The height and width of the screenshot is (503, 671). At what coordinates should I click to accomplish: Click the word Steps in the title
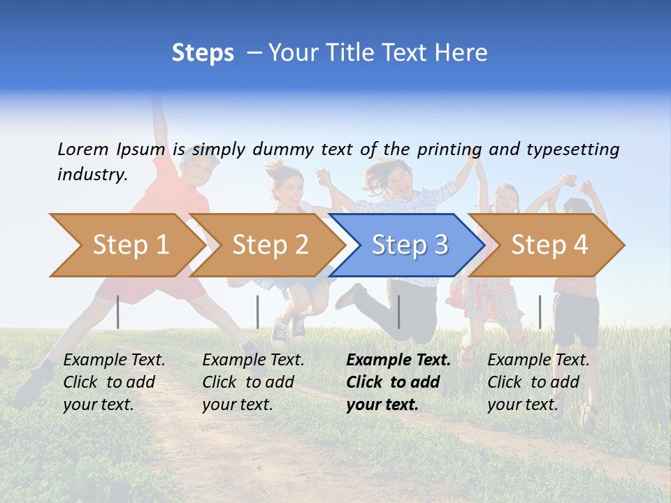(203, 53)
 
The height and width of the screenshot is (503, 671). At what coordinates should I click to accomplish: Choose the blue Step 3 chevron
(409, 245)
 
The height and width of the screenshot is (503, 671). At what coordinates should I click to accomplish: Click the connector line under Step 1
(118, 312)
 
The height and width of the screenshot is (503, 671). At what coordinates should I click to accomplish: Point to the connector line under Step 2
(257, 312)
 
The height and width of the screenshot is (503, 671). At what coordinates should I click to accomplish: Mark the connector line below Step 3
(398, 312)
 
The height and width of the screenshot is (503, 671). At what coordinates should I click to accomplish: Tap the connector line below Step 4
(540, 312)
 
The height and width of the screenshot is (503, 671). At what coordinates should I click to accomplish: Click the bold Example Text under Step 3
(398, 381)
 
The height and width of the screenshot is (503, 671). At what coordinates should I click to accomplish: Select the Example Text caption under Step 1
(114, 381)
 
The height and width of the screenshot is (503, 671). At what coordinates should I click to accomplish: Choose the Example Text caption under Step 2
(253, 381)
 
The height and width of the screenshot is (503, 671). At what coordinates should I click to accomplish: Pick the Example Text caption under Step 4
(538, 381)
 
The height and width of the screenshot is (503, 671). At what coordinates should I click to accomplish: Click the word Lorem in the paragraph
(82, 149)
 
